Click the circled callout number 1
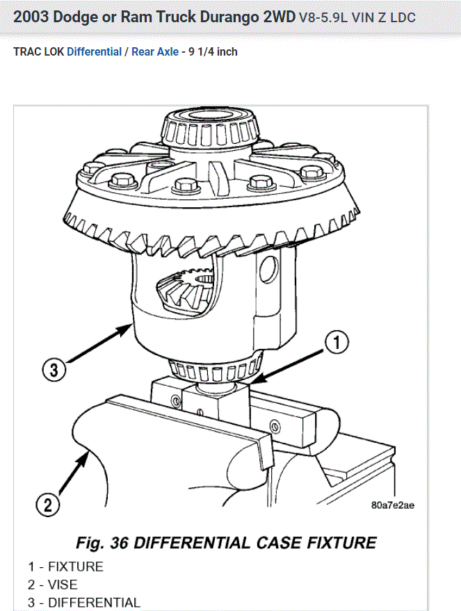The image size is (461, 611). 337,343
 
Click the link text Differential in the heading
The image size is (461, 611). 94,52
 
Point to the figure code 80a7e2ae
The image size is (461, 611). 393,505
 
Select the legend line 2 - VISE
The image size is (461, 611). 53,585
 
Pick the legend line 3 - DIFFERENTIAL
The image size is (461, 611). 84,603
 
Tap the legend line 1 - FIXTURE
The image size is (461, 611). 65,567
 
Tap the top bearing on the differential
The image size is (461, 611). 207,126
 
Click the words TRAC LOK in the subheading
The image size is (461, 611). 38,52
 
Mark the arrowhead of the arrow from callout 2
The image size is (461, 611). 87,453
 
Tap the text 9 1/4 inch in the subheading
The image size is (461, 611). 213,52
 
